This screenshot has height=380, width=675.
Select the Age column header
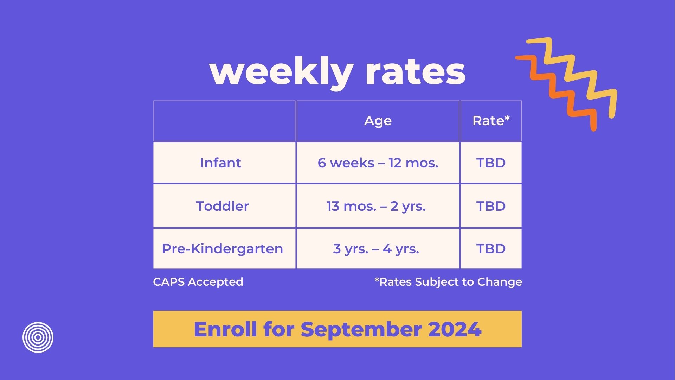coord(378,121)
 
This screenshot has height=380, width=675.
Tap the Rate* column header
coord(491,121)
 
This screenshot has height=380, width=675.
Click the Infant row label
coord(220,163)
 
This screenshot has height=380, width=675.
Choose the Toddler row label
coord(222,206)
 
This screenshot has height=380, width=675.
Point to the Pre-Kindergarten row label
coord(222,249)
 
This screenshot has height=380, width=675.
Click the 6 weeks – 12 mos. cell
coord(378,163)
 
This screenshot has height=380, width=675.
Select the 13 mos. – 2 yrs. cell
coord(376,206)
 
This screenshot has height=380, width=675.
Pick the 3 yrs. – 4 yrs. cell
coord(376,249)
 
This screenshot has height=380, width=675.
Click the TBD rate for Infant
coord(491,163)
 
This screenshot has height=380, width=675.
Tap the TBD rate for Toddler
coord(491,206)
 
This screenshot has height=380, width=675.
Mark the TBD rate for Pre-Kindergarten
coord(491,249)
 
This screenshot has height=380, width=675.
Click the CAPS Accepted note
coord(198,282)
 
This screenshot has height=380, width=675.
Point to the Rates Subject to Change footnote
coord(448,282)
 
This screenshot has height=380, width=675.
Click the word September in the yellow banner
coord(361,329)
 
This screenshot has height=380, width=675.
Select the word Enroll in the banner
coord(225,329)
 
